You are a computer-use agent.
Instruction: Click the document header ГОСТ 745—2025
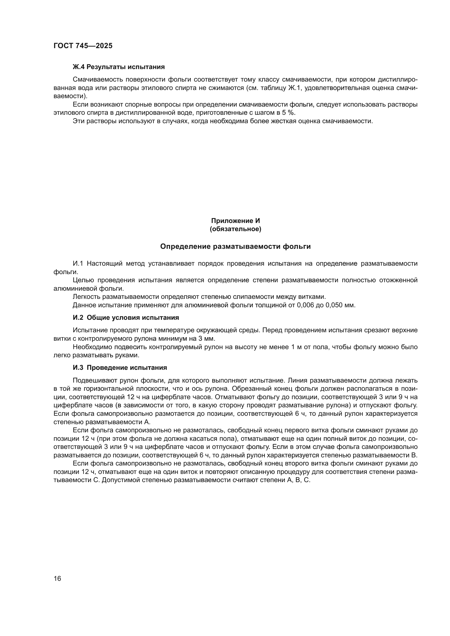(83, 46)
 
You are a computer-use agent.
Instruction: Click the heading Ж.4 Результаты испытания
(119, 67)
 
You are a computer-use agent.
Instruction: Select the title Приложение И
(236, 221)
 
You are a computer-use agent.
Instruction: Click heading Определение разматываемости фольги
(236, 246)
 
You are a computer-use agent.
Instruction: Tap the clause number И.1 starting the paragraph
(78, 263)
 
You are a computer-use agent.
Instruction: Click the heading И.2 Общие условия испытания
(126, 318)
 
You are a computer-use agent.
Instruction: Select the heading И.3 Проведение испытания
(120, 368)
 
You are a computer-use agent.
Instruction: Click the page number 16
(57, 578)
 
